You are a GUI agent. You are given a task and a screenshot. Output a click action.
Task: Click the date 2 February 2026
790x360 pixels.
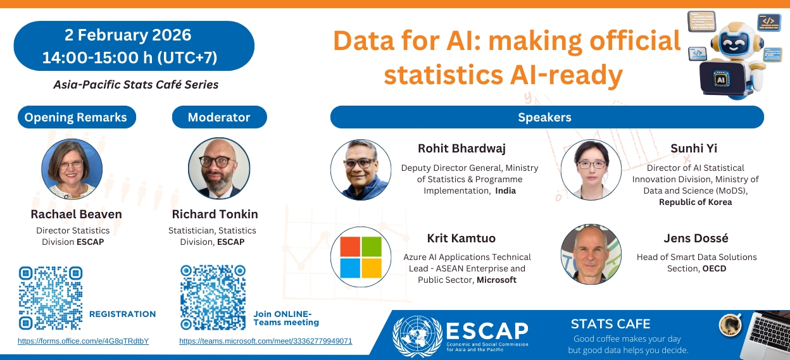click(x=128, y=34)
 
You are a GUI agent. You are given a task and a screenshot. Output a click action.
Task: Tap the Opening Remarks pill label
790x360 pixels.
click(x=76, y=117)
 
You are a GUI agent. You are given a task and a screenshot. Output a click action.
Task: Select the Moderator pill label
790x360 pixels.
click(x=219, y=117)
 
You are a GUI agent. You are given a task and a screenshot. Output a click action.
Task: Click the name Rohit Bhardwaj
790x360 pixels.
click(x=461, y=149)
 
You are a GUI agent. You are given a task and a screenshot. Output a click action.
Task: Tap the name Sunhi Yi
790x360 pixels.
click(x=694, y=149)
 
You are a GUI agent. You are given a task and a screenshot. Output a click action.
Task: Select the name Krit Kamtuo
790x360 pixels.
click(x=461, y=239)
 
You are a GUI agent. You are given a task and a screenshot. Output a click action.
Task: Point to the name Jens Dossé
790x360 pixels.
click(x=696, y=239)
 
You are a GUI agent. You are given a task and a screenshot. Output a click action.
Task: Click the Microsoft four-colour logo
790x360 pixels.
click(x=360, y=258)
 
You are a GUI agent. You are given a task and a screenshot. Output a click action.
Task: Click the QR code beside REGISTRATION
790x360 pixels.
click(x=51, y=297)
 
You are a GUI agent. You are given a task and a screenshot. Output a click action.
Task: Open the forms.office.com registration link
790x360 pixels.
click(x=83, y=341)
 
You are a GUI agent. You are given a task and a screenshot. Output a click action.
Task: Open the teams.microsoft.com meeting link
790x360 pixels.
click(x=266, y=341)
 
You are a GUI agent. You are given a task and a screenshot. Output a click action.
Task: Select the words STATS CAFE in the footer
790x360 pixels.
click(x=610, y=324)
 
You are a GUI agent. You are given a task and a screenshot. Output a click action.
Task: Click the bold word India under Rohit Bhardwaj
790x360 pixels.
click(x=505, y=190)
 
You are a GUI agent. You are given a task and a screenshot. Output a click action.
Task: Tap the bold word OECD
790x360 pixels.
click(x=714, y=268)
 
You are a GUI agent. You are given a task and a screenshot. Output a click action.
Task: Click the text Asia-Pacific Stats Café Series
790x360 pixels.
click(x=135, y=84)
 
